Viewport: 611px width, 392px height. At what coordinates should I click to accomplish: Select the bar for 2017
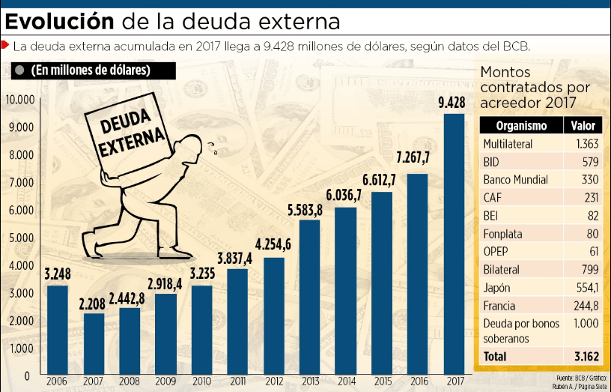pyautogui.click(x=454, y=244)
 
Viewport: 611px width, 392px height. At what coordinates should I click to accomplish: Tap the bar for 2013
pyautogui.click(x=309, y=297)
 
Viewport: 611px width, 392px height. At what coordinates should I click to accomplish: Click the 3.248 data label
pyautogui.click(x=57, y=274)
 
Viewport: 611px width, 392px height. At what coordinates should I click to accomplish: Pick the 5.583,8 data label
pyautogui.click(x=310, y=209)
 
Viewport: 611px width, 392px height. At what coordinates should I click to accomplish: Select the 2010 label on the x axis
pyautogui.click(x=201, y=382)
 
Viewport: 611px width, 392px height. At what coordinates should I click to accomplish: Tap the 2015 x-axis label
pyautogui.click(x=381, y=382)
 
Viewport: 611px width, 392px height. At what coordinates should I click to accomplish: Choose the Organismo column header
pyautogui.click(x=521, y=126)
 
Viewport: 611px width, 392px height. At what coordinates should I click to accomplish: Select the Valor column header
pyautogui.click(x=583, y=126)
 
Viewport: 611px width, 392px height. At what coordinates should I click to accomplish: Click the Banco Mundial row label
pyautogui.click(x=515, y=180)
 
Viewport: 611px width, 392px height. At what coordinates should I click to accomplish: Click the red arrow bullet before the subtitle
pyautogui.click(x=6, y=46)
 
